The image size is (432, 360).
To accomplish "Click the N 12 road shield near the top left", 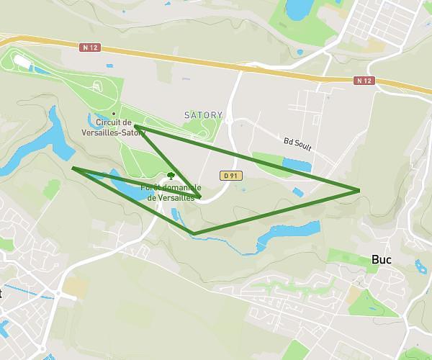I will [x=90, y=48].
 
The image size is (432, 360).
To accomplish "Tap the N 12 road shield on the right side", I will [x=364, y=81].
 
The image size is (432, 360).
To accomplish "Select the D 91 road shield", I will [x=230, y=175].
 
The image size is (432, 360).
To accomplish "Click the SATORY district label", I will [x=204, y=115].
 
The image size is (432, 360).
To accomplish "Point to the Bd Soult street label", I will [x=297, y=144].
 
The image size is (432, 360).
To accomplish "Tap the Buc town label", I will [x=381, y=260].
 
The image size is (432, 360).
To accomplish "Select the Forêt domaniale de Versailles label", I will [x=171, y=192].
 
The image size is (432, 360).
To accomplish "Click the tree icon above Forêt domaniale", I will [x=171, y=175].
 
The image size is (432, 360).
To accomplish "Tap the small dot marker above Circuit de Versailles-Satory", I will [x=113, y=114].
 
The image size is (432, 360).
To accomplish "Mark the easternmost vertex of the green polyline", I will [x=359, y=190].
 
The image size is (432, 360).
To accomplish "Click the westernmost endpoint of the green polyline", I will [x=73, y=168].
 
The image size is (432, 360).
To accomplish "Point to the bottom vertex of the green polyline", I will [x=194, y=233].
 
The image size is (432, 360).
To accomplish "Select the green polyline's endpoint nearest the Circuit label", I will [x=135, y=127].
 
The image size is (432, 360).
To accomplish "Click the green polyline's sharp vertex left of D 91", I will [x=200, y=197].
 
